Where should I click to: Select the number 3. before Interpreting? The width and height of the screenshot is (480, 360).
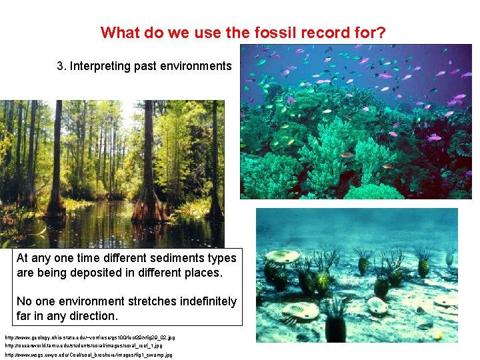62,66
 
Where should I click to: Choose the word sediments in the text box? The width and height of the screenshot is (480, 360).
168,258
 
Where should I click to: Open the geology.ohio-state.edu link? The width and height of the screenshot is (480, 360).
89,338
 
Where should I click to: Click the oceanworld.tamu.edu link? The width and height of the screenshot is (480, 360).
83,346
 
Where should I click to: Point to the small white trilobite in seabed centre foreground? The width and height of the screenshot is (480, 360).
378,306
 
